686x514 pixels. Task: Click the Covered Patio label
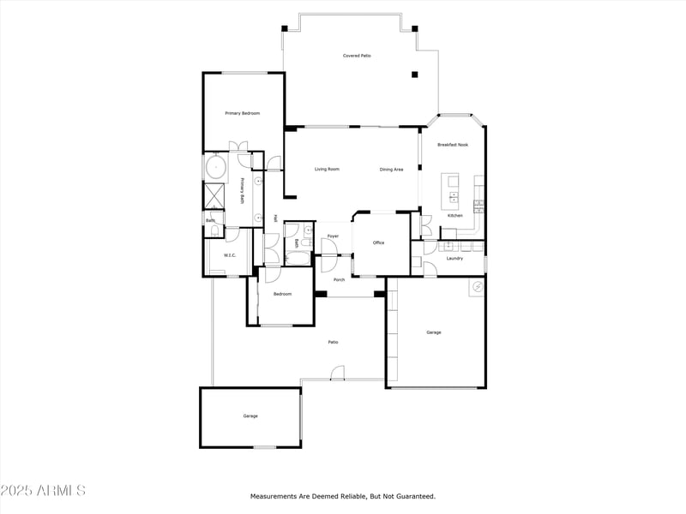(x=357, y=56)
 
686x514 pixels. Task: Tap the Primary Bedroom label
(x=242, y=113)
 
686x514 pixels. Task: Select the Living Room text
(x=327, y=169)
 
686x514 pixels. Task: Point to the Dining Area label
(x=391, y=170)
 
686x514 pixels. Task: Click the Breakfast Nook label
(x=453, y=145)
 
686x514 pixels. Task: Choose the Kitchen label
(x=454, y=215)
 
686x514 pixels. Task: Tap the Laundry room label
(x=454, y=258)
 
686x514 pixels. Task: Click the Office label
(x=378, y=242)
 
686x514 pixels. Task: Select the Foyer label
(x=333, y=236)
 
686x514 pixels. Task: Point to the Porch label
(x=340, y=279)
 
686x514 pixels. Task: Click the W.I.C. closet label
(x=230, y=255)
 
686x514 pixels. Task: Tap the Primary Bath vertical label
(x=243, y=190)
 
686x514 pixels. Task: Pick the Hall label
(x=275, y=218)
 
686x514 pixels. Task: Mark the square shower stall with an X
(x=214, y=196)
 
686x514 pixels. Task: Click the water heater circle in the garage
(x=475, y=288)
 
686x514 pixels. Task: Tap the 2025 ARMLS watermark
(x=43, y=491)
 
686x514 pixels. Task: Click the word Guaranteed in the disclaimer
(x=412, y=496)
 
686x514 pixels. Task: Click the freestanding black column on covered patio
(x=414, y=75)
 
